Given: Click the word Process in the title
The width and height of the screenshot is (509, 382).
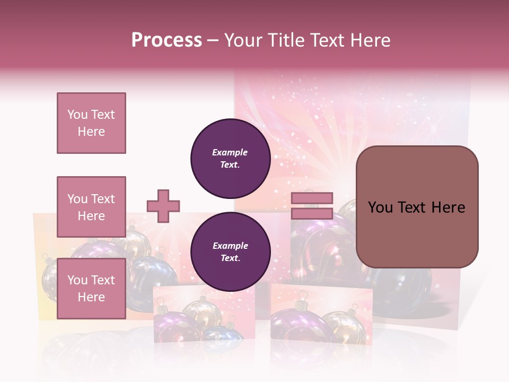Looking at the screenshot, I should (166, 40).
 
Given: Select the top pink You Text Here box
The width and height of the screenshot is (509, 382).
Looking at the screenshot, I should (91, 123).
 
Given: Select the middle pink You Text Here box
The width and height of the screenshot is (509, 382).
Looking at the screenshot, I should (91, 207).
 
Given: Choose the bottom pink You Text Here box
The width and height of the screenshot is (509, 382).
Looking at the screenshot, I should (91, 289).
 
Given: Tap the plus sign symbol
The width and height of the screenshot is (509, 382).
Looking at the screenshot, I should (163, 206).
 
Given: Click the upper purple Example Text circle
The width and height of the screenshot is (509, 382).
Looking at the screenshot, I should (230, 159).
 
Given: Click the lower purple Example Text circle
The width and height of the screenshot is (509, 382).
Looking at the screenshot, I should (230, 252).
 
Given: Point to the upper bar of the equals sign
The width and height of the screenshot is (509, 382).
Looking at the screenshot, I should (312, 198).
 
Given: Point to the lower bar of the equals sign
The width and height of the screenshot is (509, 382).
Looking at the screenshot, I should (312, 213).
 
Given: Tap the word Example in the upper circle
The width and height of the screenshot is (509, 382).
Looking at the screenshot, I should (230, 153).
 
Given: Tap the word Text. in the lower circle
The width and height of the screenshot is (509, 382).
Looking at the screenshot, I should (230, 258).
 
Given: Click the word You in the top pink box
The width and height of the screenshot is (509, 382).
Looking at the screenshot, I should (77, 115).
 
